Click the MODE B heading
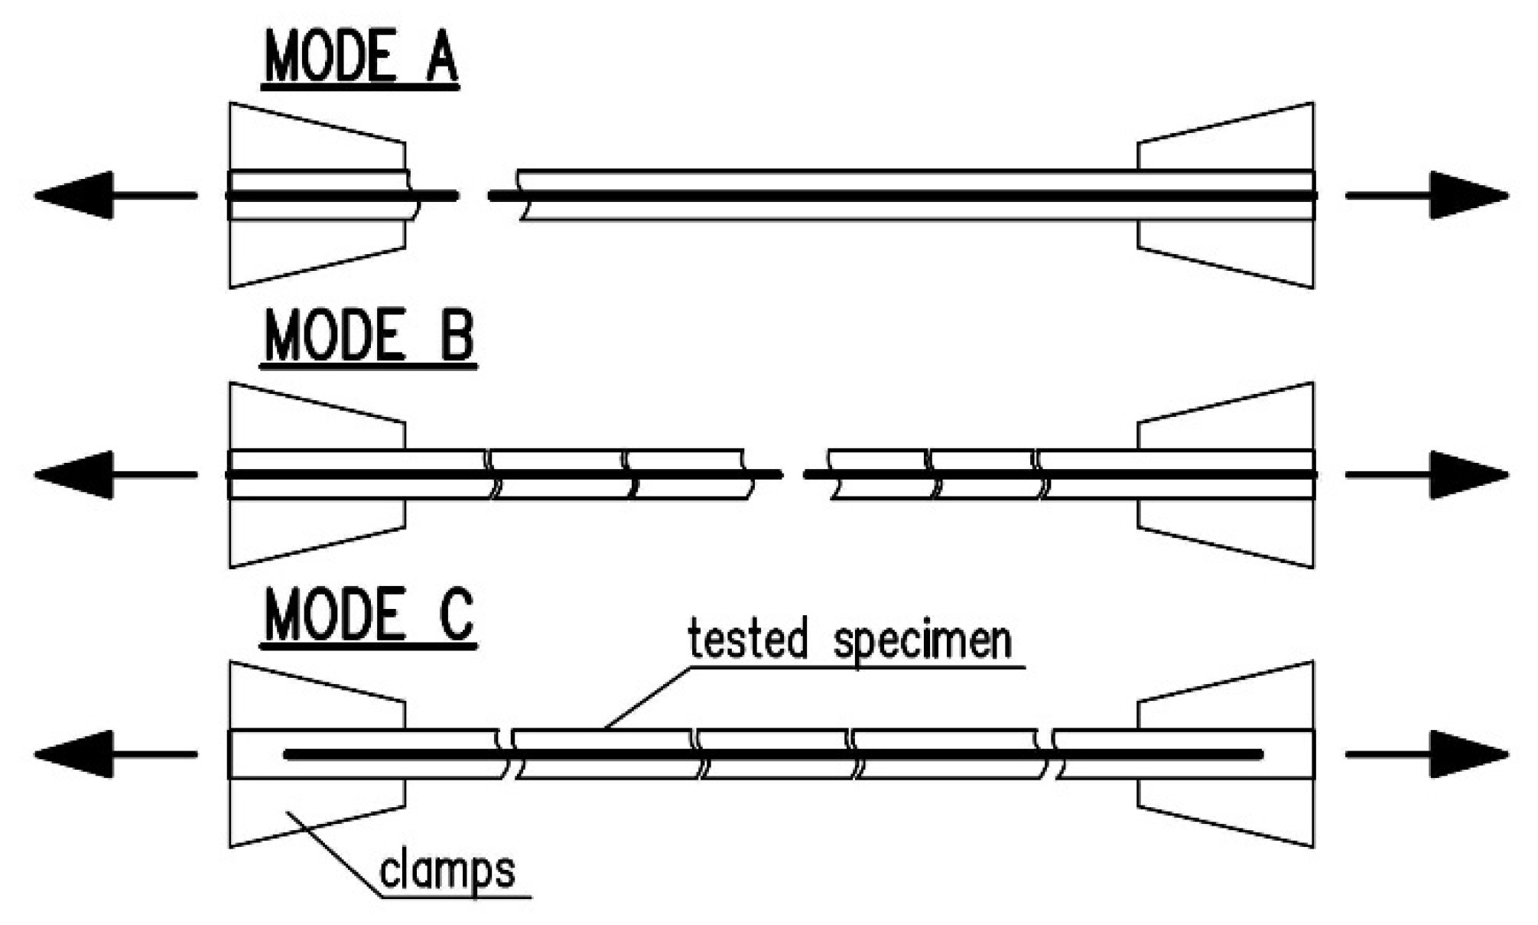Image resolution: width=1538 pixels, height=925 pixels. pos(369,337)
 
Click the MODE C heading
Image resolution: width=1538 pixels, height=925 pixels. pos(369,617)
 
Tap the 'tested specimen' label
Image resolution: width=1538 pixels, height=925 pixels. pos(849,640)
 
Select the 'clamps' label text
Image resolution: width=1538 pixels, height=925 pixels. pos(447,871)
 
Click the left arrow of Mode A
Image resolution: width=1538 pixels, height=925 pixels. pos(115,195)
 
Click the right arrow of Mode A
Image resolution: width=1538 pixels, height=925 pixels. pos(1427,195)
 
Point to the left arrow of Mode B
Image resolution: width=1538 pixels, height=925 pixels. pos(115,474)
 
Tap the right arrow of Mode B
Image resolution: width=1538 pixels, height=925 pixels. pos(1427,474)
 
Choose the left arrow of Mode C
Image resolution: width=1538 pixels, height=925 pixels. pos(115,754)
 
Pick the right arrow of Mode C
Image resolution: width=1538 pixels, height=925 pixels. pos(1427,754)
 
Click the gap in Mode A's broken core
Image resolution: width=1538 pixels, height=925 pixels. pos(473,196)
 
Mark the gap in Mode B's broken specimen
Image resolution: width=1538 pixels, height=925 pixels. pos(793,474)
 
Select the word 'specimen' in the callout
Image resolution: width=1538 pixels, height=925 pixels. pos(922,642)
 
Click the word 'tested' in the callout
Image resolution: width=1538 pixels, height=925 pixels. pos(747,639)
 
